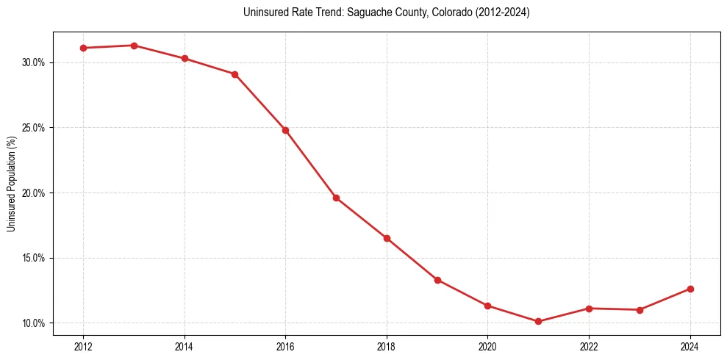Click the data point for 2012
click(x=83, y=48)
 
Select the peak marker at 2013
click(x=134, y=46)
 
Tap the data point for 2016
click(x=285, y=130)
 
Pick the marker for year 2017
click(x=336, y=198)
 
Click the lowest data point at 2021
click(x=538, y=321)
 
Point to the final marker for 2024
click(x=690, y=289)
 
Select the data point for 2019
click(x=437, y=280)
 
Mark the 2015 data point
click(x=234, y=74)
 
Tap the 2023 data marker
click(x=640, y=310)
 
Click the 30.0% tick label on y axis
click(x=33, y=62)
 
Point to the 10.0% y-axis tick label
click(x=33, y=323)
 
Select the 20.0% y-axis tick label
click(x=33, y=193)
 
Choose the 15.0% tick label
click(x=33, y=259)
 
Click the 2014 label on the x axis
click(x=185, y=346)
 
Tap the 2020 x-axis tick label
click(x=487, y=346)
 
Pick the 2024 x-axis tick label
click(x=690, y=346)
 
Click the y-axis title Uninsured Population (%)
click(x=11, y=183)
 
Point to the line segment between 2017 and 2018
click(x=361, y=218)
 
